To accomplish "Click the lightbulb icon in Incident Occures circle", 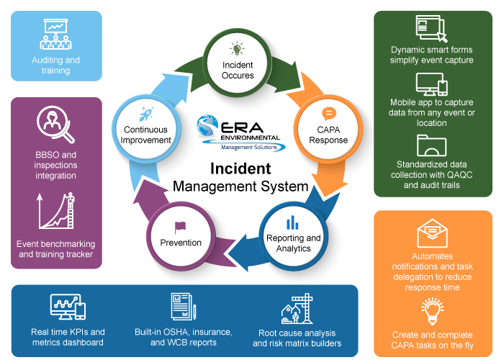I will [237, 49].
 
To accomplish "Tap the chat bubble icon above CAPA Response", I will [328, 113].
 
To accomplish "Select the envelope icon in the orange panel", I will [432, 234].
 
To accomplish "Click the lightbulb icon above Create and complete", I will [433, 310].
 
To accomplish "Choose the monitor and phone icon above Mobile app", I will [432, 86].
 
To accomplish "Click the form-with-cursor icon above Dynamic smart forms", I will [432, 30].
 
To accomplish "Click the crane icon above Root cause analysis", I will [297, 308].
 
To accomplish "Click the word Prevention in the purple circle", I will [181, 243].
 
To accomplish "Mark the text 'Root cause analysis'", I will [297, 333].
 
